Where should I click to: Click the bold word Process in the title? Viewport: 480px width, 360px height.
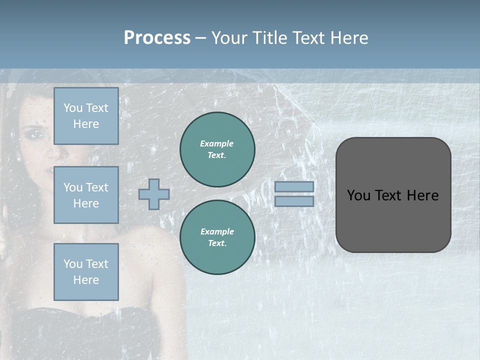(x=157, y=38)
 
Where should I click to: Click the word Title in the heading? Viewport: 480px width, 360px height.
(x=268, y=38)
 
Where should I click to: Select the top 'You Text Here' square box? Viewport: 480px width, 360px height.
(x=86, y=116)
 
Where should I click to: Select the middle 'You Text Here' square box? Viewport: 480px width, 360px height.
(x=86, y=195)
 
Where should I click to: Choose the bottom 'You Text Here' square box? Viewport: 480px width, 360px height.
(x=86, y=272)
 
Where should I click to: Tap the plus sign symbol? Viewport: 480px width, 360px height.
(x=154, y=194)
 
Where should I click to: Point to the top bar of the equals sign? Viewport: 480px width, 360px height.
(x=294, y=186)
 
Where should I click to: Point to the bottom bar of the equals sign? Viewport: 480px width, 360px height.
(x=294, y=201)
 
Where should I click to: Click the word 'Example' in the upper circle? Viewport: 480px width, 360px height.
(x=217, y=143)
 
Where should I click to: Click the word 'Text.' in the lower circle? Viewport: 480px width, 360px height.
(x=217, y=243)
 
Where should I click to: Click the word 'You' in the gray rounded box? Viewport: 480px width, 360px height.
(x=359, y=195)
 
